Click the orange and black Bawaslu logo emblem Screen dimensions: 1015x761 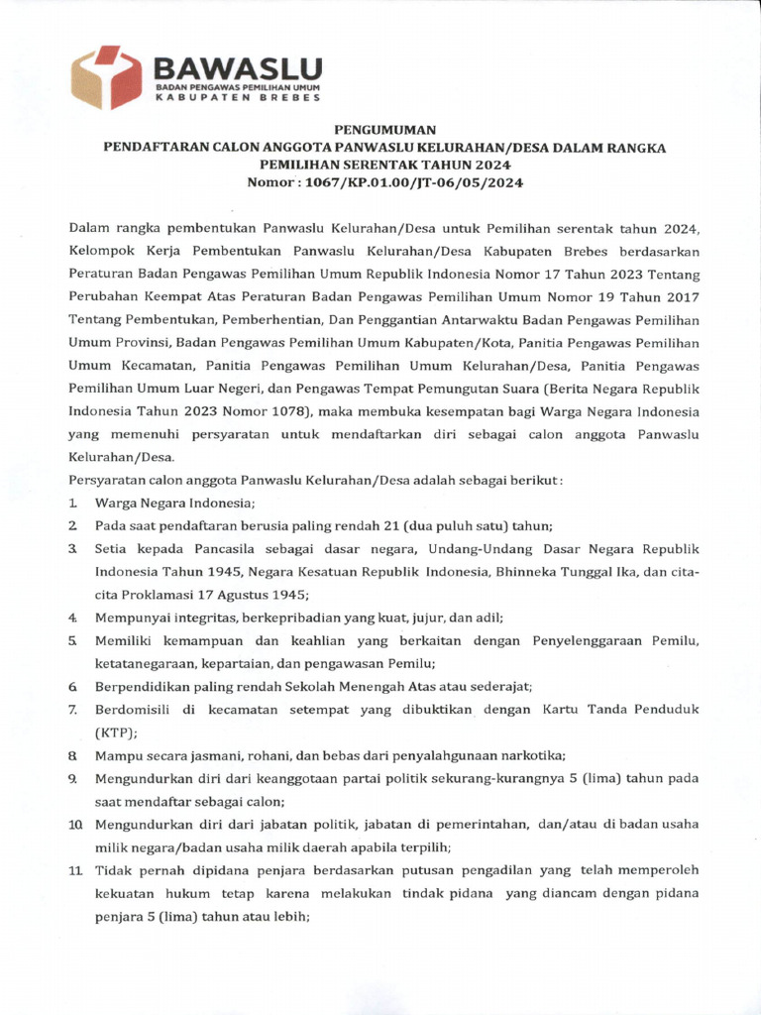tap(107, 77)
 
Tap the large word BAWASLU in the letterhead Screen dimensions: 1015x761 tap(238, 67)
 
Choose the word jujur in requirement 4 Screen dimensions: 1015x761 tap(377, 618)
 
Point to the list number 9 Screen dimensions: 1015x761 tap(73, 779)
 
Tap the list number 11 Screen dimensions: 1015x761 tap(75, 869)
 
